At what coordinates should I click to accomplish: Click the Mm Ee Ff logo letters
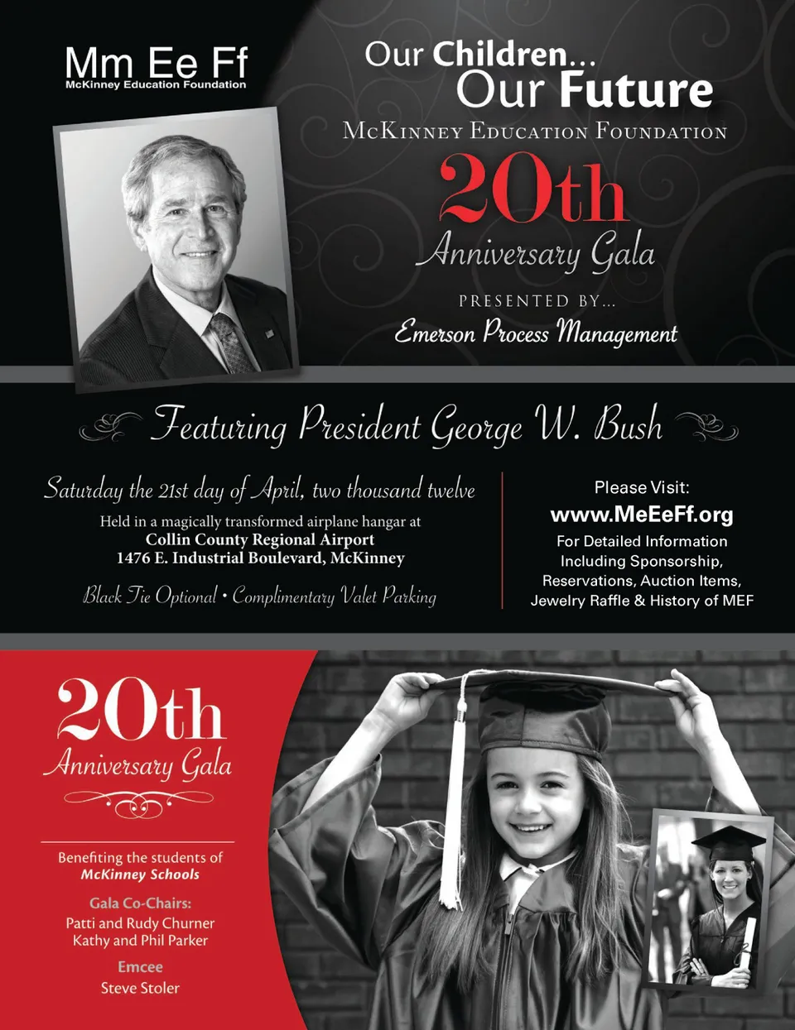[x=156, y=63]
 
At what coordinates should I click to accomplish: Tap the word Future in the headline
[x=635, y=90]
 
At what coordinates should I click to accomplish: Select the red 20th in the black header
[x=532, y=192]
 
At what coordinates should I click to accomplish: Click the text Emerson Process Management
[x=536, y=333]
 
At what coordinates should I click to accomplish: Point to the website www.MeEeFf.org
[x=642, y=515]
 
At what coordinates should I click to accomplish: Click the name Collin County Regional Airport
[x=260, y=539]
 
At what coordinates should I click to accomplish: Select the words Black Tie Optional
[x=150, y=596]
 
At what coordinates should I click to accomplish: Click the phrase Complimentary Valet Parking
[x=335, y=596]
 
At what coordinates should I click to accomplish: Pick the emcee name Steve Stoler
[x=140, y=988]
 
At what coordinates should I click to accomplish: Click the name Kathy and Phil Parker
[x=140, y=941]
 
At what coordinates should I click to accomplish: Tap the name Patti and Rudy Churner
[x=140, y=922]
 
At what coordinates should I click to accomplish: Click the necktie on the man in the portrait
[x=233, y=342]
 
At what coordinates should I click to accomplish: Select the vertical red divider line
[x=503, y=539]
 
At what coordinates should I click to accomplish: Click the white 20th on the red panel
[x=140, y=711]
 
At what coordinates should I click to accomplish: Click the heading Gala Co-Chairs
[x=140, y=903]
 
